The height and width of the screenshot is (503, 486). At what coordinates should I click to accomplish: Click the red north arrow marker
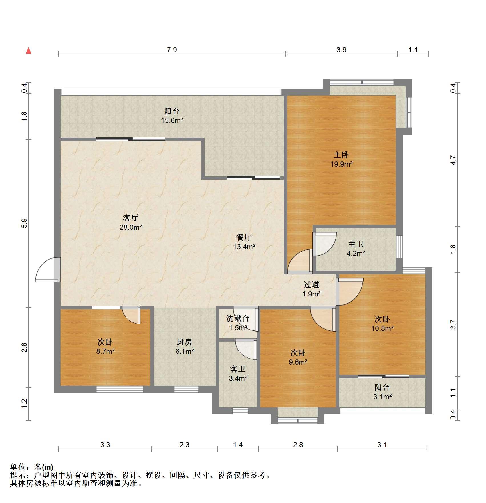29,51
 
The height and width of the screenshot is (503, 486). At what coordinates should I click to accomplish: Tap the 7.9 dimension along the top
172,50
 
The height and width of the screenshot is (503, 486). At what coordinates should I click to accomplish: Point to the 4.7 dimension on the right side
453,160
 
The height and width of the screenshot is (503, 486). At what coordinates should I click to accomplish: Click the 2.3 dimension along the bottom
184,445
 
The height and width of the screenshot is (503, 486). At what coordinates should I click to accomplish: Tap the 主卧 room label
341,155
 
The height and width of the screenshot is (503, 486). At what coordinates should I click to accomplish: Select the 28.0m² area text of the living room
131,227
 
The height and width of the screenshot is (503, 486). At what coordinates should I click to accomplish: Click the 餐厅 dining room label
244,237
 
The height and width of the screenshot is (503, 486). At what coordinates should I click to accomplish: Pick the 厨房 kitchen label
184,342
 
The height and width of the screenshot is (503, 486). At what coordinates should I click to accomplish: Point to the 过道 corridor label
311,284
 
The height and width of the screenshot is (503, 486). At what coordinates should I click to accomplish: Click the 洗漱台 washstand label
238,318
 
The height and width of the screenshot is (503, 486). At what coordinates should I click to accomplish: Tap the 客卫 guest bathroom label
238,369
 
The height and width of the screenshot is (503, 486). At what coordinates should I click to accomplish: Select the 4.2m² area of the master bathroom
356,253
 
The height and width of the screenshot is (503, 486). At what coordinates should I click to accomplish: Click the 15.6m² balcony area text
172,120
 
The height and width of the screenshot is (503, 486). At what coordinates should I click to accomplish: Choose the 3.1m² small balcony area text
382,397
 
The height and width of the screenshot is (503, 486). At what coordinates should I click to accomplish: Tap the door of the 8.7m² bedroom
132,315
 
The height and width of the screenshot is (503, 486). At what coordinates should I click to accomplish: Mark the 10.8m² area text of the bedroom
382,328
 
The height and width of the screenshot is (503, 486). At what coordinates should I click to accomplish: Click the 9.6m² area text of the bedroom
298,362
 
